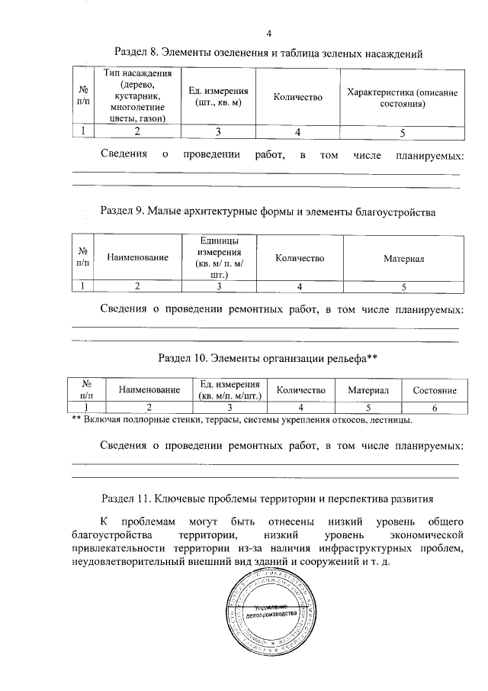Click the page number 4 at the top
click(x=269, y=33)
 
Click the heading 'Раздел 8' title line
click(x=268, y=53)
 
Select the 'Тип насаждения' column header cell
click(x=137, y=96)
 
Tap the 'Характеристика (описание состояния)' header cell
click(x=402, y=97)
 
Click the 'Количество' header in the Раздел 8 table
click(x=297, y=97)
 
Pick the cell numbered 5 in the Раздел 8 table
click(x=402, y=132)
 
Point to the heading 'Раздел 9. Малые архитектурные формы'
click(x=268, y=212)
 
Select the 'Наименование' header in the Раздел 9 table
click(x=137, y=258)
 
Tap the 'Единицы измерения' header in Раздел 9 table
click(x=220, y=257)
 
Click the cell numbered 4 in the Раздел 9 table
click(x=300, y=286)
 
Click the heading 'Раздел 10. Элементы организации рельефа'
click(x=268, y=357)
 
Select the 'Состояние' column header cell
click(x=435, y=390)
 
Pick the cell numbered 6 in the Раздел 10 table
click(x=435, y=408)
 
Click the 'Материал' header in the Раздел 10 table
click(x=368, y=390)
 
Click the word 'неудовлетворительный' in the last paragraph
click(x=127, y=561)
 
